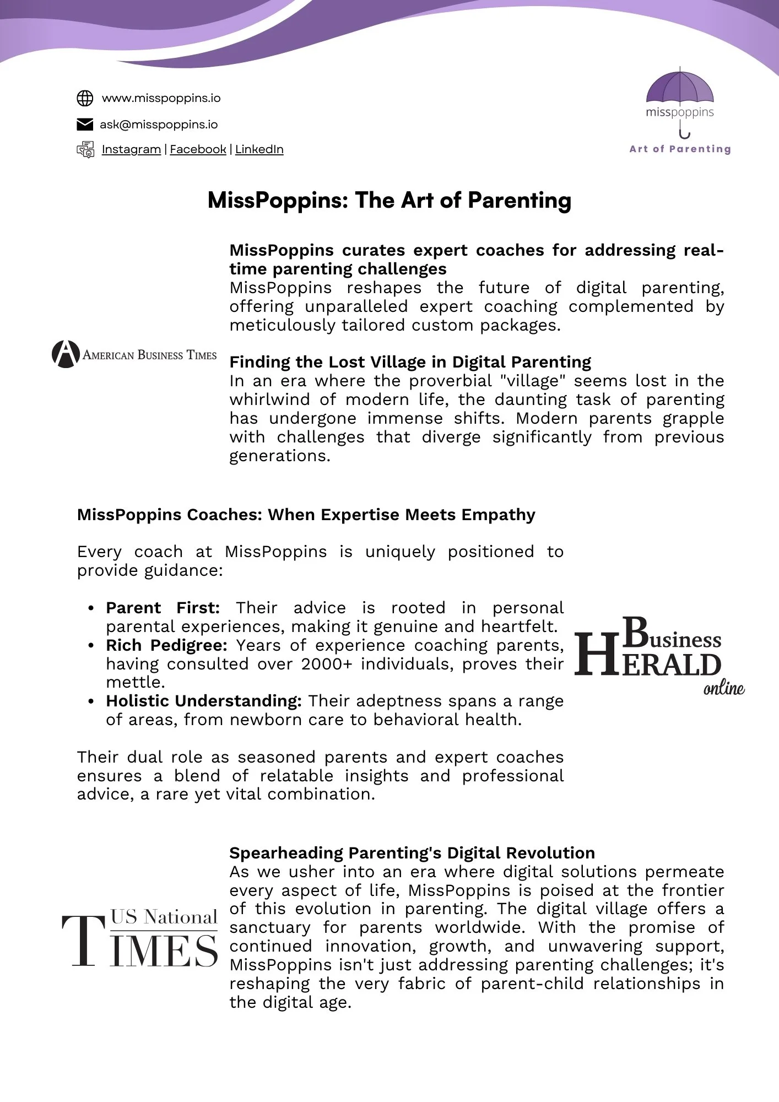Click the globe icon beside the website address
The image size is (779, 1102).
pyautogui.click(x=84, y=99)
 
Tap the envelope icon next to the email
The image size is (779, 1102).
pyautogui.click(x=84, y=125)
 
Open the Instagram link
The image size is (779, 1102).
pyautogui.click(x=131, y=149)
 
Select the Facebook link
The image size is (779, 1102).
pyautogui.click(x=198, y=149)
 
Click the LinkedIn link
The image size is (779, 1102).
pyautogui.click(x=259, y=149)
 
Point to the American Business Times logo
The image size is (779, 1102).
pyautogui.click(x=134, y=354)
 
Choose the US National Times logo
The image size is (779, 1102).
pyautogui.click(x=140, y=939)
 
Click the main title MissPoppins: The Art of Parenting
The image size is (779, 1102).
pyautogui.click(x=389, y=200)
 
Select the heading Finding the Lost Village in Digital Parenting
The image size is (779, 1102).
pyautogui.click(x=410, y=362)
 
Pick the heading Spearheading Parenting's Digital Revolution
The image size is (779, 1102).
pyautogui.click(x=412, y=853)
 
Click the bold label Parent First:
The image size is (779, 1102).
pyautogui.click(x=163, y=608)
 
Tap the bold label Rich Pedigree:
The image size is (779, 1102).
pyautogui.click(x=166, y=645)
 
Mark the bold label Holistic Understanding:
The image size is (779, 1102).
pyautogui.click(x=204, y=701)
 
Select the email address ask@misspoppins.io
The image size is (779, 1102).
pyautogui.click(x=159, y=125)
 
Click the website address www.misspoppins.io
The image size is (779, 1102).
pyautogui.click(x=161, y=99)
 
